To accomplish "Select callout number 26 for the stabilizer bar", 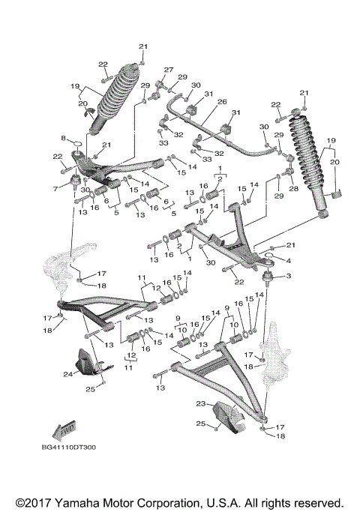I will click(x=222, y=102).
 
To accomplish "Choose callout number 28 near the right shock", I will click(x=293, y=190).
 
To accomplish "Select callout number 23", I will click(x=200, y=404).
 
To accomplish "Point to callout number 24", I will click(x=68, y=373).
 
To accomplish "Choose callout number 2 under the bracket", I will click(x=220, y=179).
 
